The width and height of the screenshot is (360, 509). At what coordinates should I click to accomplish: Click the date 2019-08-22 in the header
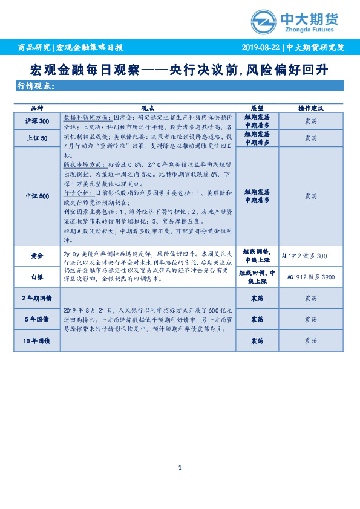(x=261, y=47)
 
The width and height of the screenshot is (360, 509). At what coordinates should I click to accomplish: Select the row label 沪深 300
(x=37, y=122)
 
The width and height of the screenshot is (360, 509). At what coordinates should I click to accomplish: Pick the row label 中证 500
(x=37, y=196)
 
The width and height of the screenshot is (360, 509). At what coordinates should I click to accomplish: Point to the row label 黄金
(x=37, y=256)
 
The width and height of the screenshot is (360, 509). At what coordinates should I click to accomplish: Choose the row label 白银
(x=37, y=276)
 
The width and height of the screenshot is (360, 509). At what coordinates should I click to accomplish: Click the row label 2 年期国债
(x=37, y=299)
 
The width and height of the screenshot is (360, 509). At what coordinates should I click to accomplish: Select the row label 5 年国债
(x=37, y=319)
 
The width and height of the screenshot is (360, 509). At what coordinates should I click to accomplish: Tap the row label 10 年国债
(x=37, y=341)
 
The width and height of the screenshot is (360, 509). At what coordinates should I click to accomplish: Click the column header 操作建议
(x=311, y=108)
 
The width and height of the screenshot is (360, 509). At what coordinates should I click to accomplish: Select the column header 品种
(x=37, y=108)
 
